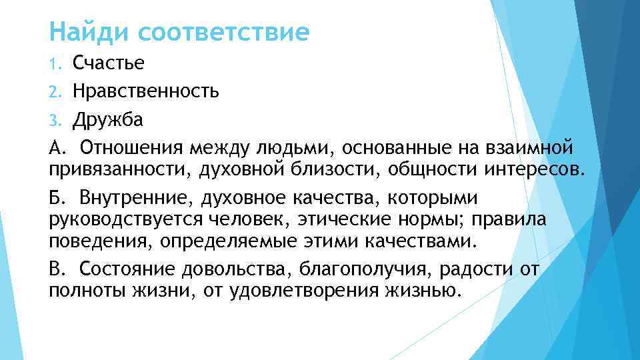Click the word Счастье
coord(109,63)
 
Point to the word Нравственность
coord(146,90)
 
